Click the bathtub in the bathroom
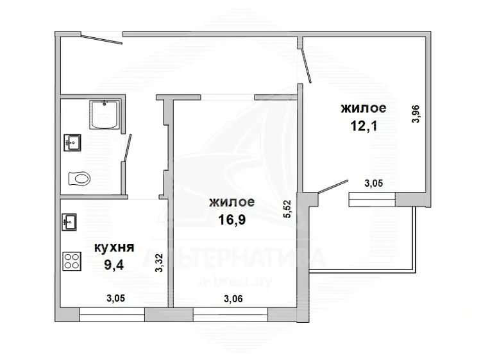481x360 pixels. point(105,114)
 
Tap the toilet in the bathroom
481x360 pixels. point(80,178)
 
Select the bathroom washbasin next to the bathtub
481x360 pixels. point(72,142)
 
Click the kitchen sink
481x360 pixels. point(69,222)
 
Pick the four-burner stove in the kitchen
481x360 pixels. point(72,261)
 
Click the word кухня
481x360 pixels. point(114,247)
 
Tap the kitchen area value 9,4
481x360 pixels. point(114,264)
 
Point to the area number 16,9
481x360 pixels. point(232,219)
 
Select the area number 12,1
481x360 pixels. point(364,126)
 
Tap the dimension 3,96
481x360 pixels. point(416,114)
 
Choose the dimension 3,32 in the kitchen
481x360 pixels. point(160,263)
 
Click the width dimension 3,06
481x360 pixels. point(233,298)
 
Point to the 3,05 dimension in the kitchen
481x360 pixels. point(115,298)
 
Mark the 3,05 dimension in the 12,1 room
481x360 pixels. point(374,184)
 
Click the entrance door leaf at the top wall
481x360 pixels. point(101,40)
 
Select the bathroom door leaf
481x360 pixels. point(128,148)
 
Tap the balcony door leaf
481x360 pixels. point(333,186)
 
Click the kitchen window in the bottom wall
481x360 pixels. point(112,314)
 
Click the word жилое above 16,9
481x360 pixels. point(232,202)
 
